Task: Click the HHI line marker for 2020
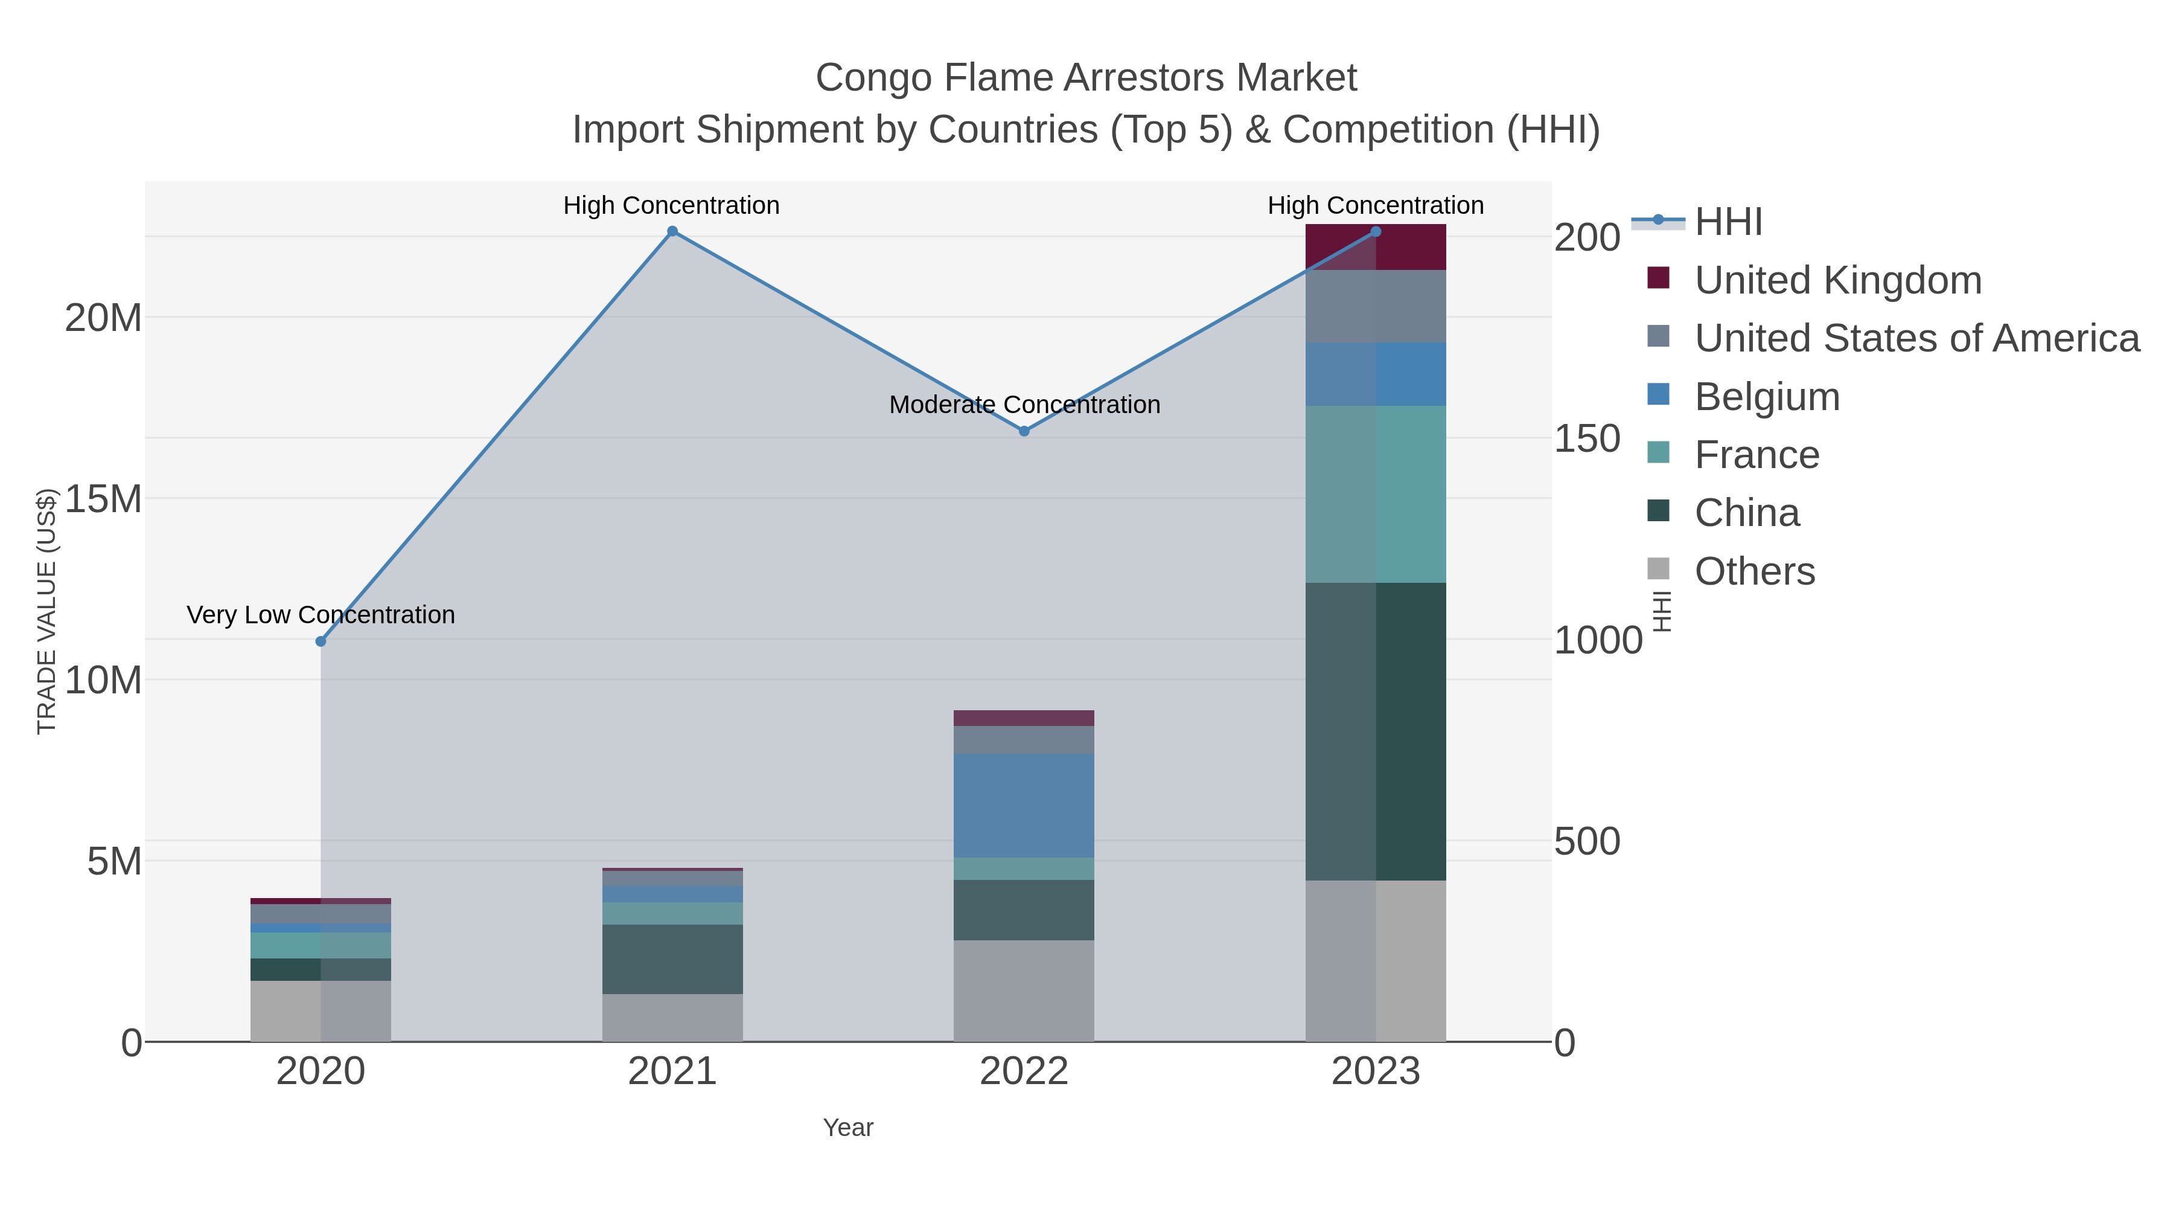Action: (321, 641)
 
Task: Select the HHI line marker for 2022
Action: (1024, 431)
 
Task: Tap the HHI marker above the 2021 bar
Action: (672, 231)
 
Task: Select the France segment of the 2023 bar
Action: (1376, 494)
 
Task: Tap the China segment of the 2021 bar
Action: (672, 959)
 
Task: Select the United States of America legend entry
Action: (1916, 338)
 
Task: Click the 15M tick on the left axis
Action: (103, 499)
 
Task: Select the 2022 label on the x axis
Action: (1024, 1072)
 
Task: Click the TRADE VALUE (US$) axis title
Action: (46, 611)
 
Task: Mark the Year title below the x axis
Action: (848, 1128)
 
